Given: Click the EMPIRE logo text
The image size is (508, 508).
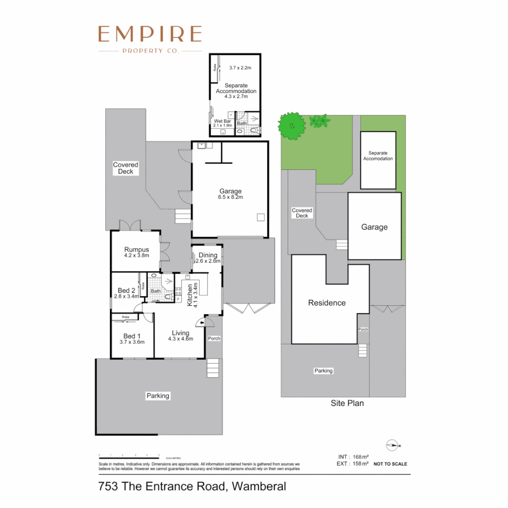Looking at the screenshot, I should click(150, 35).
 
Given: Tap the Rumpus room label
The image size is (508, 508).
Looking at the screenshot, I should click(136, 253).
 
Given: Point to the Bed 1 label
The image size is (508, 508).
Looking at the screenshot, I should click(132, 339).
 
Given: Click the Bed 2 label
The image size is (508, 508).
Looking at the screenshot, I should click(126, 293).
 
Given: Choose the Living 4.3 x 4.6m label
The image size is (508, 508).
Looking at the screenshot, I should click(181, 335).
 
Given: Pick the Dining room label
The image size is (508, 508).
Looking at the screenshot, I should click(207, 258).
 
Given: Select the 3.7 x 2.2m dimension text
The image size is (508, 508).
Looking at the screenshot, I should click(240, 68).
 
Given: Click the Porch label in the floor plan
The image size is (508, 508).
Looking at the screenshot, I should click(214, 338).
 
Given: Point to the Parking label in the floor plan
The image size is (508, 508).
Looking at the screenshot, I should click(158, 396).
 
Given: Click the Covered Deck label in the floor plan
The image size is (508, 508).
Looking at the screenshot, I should click(126, 168).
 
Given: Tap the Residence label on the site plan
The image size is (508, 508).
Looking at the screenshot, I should click(326, 303).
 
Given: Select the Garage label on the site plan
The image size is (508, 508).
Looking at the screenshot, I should click(374, 227).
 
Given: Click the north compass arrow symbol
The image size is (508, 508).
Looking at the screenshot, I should click(392, 444).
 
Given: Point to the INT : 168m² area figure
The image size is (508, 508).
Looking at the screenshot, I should click(353, 457).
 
